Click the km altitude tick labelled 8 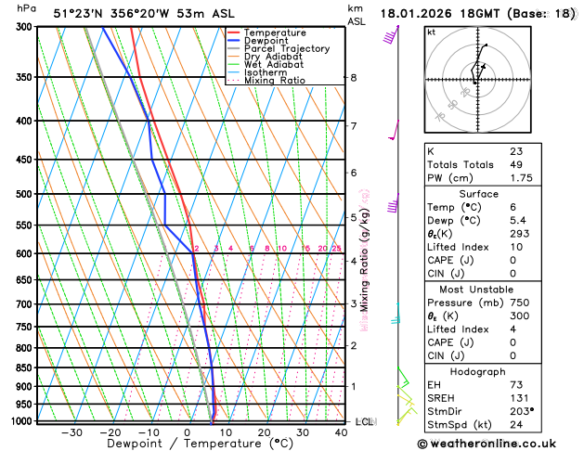coord(354,77)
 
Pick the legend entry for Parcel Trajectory coord(286,48)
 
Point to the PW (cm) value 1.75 coord(522,178)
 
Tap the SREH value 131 coord(519,398)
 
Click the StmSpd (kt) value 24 coord(516,424)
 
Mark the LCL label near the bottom coord(364,421)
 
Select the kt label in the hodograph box coord(431,32)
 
